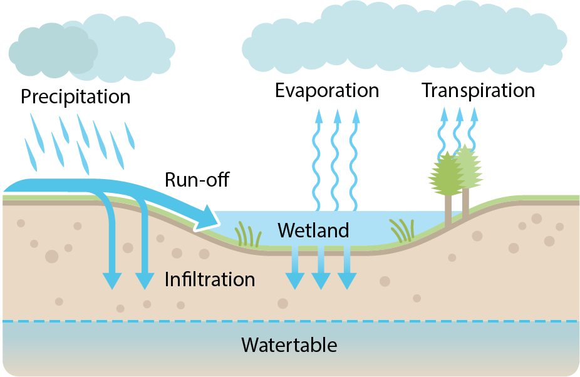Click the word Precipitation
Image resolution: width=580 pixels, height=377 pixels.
pos(75,97)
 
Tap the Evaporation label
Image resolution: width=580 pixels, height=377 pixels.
pos(327,91)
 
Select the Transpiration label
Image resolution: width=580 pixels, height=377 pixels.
pos(479,91)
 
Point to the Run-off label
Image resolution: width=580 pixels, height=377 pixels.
pos(197,180)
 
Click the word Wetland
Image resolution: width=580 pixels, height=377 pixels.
pos(313,230)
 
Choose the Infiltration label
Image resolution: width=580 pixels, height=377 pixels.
pos(210,279)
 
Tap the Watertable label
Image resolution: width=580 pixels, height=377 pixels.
pos(289,345)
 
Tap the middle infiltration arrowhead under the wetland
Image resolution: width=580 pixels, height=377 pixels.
pos(321,281)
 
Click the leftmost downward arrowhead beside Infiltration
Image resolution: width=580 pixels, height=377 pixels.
pos(112,281)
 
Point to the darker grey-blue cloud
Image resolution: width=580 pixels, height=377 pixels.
pos(53,52)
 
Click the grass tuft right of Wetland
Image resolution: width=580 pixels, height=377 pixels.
pos(402,230)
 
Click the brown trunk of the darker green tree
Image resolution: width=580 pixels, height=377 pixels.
pos(448,210)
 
